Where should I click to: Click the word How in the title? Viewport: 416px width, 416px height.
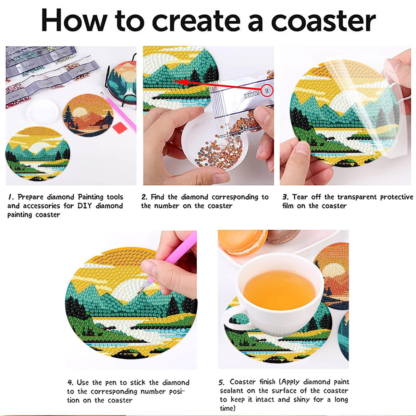coord(73,21)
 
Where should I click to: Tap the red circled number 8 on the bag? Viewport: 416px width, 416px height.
coord(267,91)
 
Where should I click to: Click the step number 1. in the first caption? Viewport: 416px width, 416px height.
coord(11,197)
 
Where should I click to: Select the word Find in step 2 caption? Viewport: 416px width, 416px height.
coord(158,197)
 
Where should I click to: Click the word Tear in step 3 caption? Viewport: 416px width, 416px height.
coord(300,197)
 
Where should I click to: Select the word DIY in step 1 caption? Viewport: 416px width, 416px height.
coord(85,206)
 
